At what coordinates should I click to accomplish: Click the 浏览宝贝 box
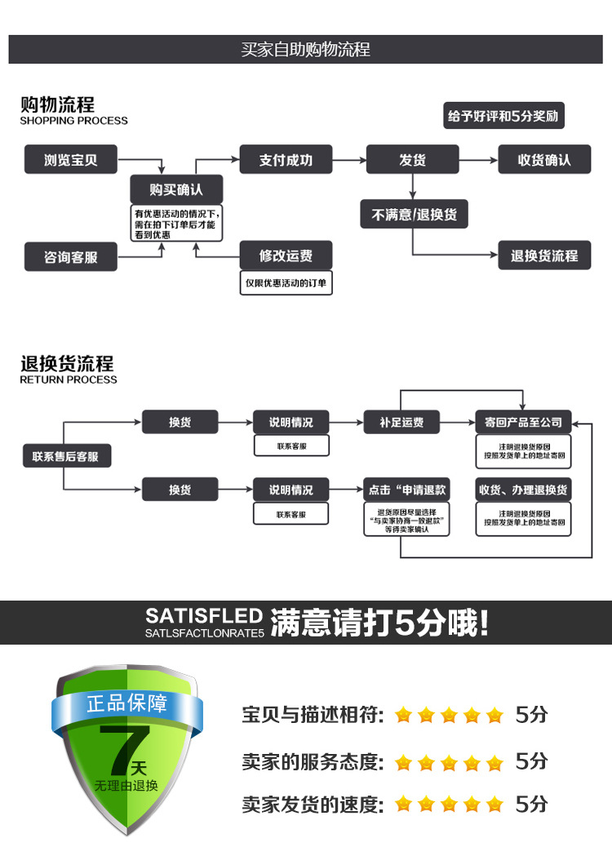pyautogui.click(x=70, y=160)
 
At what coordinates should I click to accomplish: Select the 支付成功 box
pyautogui.click(x=286, y=160)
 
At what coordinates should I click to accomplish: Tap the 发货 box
pyautogui.click(x=412, y=160)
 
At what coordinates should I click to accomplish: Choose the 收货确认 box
pyautogui.click(x=544, y=160)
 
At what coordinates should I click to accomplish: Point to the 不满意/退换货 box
pyautogui.click(x=414, y=215)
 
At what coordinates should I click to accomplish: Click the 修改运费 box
pyautogui.click(x=286, y=255)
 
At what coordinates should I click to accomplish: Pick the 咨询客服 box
pyautogui.click(x=70, y=257)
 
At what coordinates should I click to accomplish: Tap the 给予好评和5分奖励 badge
pyautogui.click(x=504, y=116)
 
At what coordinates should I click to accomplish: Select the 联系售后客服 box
pyautogui.click(x=66, y=456)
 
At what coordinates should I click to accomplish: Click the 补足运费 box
pyautogui.click(x=401, y=422)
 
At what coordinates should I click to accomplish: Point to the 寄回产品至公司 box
pyautogui.click(x=523, y=422)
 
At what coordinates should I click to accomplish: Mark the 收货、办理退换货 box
pyautogui.click(x=523, y=490)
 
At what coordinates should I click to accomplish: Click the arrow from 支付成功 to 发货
pyautogui.click(x=349, y=160)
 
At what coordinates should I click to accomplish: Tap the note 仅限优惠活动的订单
pyautogui.click(x=286, y=283)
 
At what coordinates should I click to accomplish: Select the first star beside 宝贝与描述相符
pyautogui.click(x=403, y=716)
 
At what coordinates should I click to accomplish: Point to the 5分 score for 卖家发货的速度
pyautogui.click(x=531, y=804)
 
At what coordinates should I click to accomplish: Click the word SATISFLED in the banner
pyautogui.click(x=204, y=616)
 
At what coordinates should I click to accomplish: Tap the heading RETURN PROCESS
pyautogui.click(x=69, y=379)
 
